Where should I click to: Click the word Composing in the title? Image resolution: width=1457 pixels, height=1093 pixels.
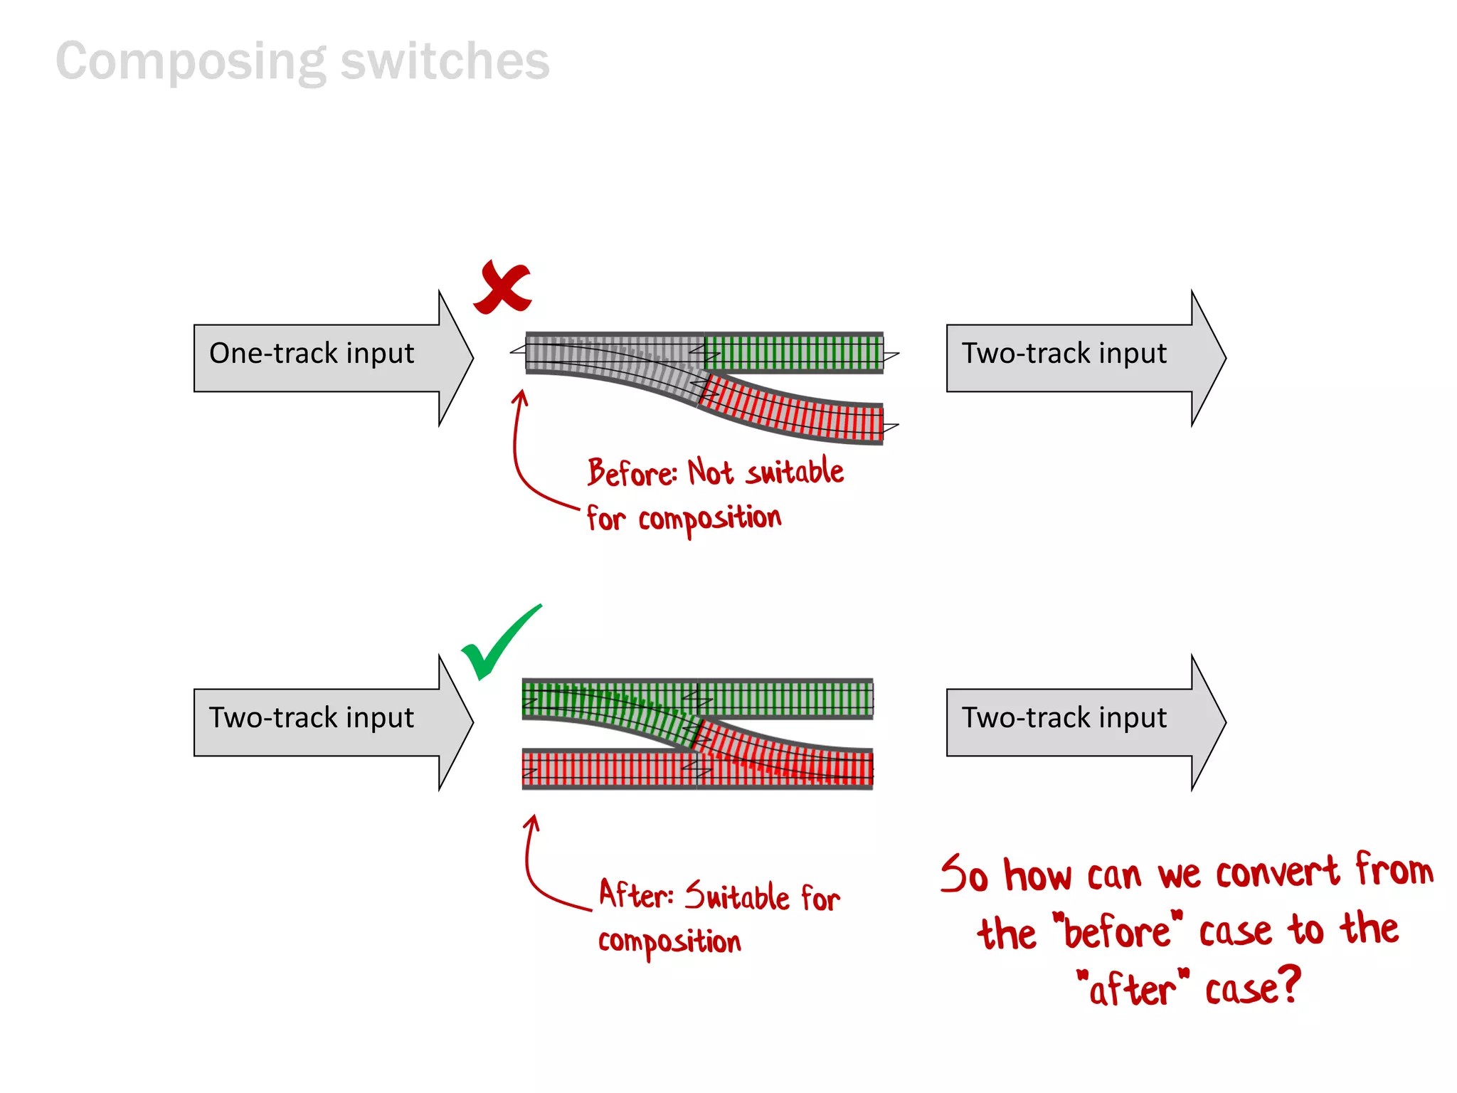191,63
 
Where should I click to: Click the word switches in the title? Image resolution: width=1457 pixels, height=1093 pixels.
445,61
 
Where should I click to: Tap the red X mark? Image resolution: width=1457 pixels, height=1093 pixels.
502,287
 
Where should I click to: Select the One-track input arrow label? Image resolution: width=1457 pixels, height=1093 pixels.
312,354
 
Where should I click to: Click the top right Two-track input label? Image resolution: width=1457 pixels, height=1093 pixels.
1064,354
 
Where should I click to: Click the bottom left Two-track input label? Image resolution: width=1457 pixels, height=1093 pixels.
312,718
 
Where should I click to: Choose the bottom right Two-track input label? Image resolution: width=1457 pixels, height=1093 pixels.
1064,718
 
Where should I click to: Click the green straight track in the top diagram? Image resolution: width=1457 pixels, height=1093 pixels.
793,352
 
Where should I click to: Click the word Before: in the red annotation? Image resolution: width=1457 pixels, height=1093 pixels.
632,473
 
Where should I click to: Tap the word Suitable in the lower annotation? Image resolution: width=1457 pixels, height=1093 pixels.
737,896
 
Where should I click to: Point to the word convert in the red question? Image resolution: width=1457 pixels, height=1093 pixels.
1277,873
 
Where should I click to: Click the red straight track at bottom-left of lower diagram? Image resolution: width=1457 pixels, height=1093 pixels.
608,769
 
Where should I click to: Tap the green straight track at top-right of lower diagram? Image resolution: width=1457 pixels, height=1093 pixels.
786,699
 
